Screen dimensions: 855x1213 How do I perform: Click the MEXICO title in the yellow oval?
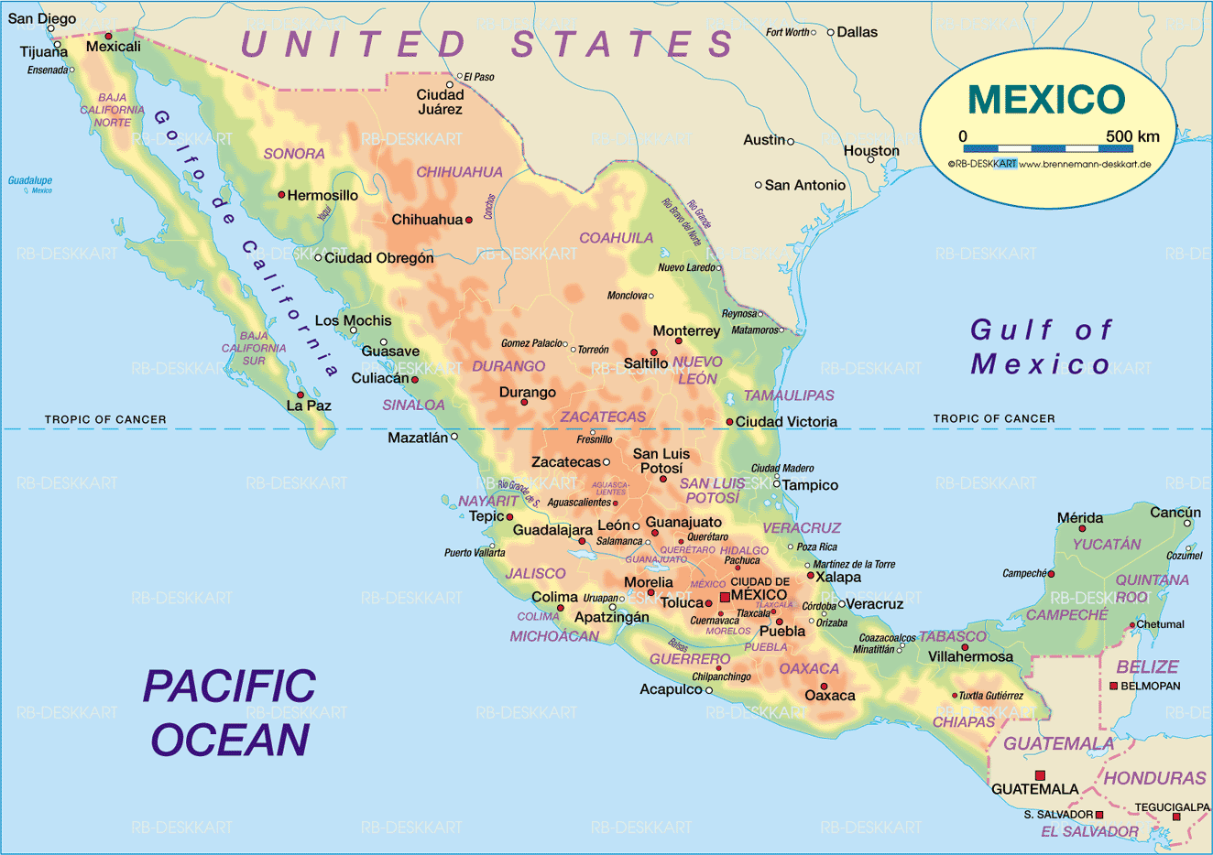tap(1046, 100)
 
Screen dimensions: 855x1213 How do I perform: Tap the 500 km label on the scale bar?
tap(1132, 136)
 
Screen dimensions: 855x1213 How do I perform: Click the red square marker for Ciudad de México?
tap(725, 597)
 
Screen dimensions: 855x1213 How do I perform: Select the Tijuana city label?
tap(44, 52)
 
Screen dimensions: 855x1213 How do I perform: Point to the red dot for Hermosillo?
tap(281, 195)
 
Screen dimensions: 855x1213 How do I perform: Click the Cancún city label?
tap(1175, 513)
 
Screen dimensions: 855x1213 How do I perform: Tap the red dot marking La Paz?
tap(300, 395)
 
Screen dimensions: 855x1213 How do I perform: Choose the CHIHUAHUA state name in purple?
tap(459, 172)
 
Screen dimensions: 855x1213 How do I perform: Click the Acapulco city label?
tap(671, 689)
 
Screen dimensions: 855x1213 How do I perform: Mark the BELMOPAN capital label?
tap(1151, 686)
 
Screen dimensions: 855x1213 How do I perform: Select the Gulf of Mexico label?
tap(1041, 347)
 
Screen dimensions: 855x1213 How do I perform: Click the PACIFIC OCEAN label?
tap(230, 712)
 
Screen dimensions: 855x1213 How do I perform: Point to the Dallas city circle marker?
tap(831, 32)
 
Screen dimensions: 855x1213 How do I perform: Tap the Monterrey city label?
tap(686, 330)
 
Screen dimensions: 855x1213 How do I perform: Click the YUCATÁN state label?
tap(1107, 544)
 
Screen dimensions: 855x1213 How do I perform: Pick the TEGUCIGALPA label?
tap(1172, 806)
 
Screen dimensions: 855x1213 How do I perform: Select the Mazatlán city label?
tap(418, 438)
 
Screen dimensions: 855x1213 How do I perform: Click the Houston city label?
tap(871, 150)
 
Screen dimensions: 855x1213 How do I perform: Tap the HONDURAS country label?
tap(1154, 778)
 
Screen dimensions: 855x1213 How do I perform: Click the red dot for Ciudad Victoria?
tap(729, 422)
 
